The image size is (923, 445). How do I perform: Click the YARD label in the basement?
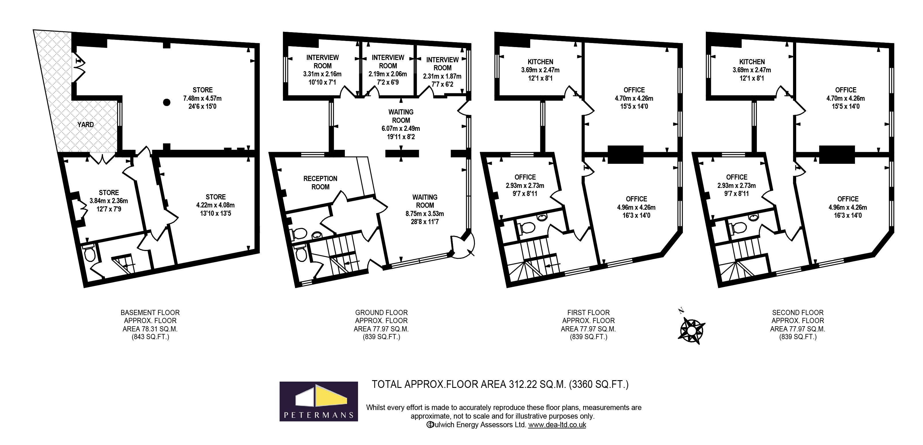click(86, 125)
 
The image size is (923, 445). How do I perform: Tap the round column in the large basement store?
click(166, 102)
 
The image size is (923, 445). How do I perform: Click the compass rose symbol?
click(691, 330)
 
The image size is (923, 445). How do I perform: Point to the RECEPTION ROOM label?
click(320, 183)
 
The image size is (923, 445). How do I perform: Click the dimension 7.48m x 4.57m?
click(203, 98)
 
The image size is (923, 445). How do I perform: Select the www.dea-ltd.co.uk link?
click(557, 425)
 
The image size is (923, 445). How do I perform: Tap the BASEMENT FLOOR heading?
click(150, 312)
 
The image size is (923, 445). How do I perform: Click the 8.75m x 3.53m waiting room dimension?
click(425, 213)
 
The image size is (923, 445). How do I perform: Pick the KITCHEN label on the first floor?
click(540, 62)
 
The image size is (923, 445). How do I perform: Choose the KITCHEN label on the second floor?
click(752, 62)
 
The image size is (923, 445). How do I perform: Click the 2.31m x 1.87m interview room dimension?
click(442, 76)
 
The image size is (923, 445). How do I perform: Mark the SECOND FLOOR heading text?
click(798, 312)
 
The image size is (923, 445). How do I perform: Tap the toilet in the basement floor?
click(89, 255)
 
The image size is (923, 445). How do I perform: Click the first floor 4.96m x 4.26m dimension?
click(636, 207)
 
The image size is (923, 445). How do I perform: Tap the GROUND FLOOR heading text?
click(381, 312)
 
